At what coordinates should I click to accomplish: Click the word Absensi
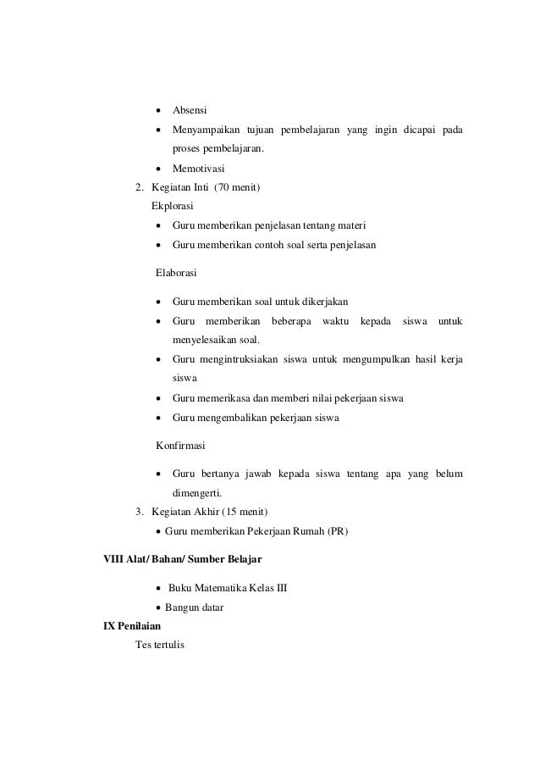click(x=190, y=111)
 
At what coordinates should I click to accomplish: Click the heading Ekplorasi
click(x=174, y=206)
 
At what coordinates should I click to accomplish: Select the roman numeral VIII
click(x=113, y=560)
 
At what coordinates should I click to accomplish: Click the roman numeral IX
click(x=108, y=627)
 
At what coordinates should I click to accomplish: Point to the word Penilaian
click(x=139, y=627)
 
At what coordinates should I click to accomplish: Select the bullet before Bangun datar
click(x=159, y=608)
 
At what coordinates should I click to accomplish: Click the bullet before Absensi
click(x=158, y=112)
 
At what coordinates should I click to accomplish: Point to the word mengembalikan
click(x=240, y=418)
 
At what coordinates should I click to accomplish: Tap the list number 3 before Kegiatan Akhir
click(x=140, y=513)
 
